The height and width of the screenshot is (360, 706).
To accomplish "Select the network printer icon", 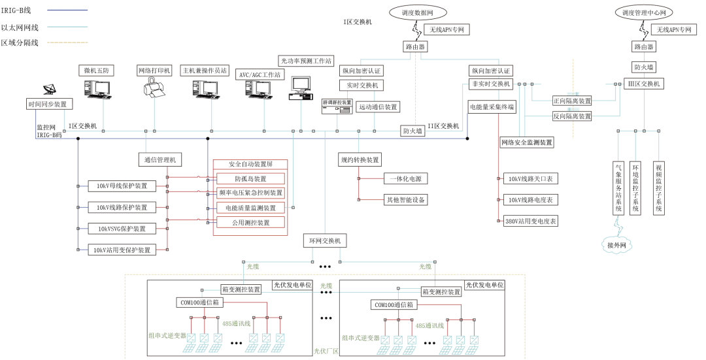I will coord(154,88).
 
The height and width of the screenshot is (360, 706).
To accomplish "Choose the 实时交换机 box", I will coord(361,85).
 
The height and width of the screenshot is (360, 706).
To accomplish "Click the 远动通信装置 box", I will coord(377,106).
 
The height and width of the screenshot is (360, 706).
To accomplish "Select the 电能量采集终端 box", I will coord(492,106).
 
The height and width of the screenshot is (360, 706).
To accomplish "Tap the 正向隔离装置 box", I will coord(572,101).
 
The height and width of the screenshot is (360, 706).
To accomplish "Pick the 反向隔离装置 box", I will coord(572,116).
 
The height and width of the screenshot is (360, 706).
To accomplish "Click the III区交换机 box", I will coord(644,84).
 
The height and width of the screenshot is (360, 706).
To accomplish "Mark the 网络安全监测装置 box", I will coord(527,142).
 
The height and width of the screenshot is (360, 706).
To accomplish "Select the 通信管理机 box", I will coord(160,159).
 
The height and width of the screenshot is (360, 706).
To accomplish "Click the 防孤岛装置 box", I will coord(250,178).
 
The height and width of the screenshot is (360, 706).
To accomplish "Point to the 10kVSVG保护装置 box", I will coord(122,229).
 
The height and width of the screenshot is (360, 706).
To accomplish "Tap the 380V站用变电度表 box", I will coord(531,221).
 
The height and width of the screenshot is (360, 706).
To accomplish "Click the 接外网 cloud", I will coord(617,245).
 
